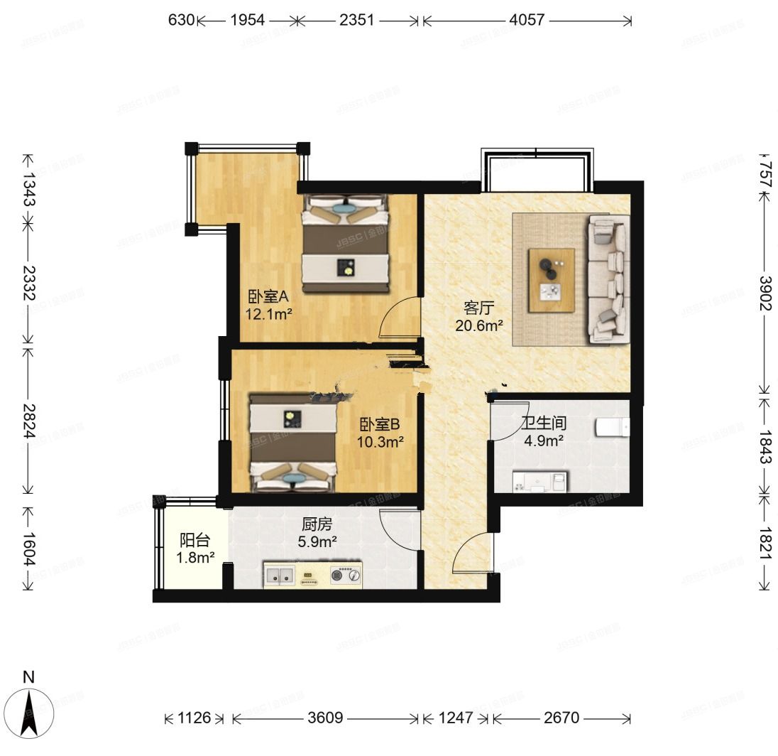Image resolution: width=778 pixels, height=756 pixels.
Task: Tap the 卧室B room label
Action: pyautogui.click(x=380, y=425)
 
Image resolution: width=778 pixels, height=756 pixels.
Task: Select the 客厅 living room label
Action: pyautogui.click(x=478, y=308)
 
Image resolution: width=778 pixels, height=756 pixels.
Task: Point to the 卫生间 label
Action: pyautogui.click(x=544, y=423)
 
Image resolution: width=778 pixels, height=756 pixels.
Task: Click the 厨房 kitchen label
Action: pyautogui.click(x=317, y=525)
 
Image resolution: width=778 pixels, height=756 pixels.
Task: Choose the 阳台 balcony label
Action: pyautogui.click(x=193, y=541)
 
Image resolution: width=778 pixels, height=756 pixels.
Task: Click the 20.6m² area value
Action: pyautogui.click(x=480, y=325)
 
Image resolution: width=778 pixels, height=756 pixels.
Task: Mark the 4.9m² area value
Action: pyautogui.click(x=544, y=441)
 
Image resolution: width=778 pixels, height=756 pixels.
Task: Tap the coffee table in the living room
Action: pyautogui.click(x=552, y=281)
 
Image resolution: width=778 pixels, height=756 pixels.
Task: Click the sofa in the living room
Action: pyautogui.click(x=608, y=279)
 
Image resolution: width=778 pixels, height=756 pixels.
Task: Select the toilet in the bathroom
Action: pyautogui.click(x=613, y=427)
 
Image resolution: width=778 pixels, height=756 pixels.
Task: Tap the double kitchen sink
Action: pyautogui.click(x=280, y=576)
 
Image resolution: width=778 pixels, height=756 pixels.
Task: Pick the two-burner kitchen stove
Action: pyautogui.click(x=346, y=576)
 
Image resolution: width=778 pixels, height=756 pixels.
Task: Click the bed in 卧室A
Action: pyautogui.click(x=346, y=244)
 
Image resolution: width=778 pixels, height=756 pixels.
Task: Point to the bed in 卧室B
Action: pyautogui.click(x=292, y=443)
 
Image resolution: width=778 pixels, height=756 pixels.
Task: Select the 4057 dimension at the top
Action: pyautogui.click(x=527, y=20)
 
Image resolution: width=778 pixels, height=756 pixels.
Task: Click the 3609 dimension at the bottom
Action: pyautogui.click(x=326, y=718)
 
